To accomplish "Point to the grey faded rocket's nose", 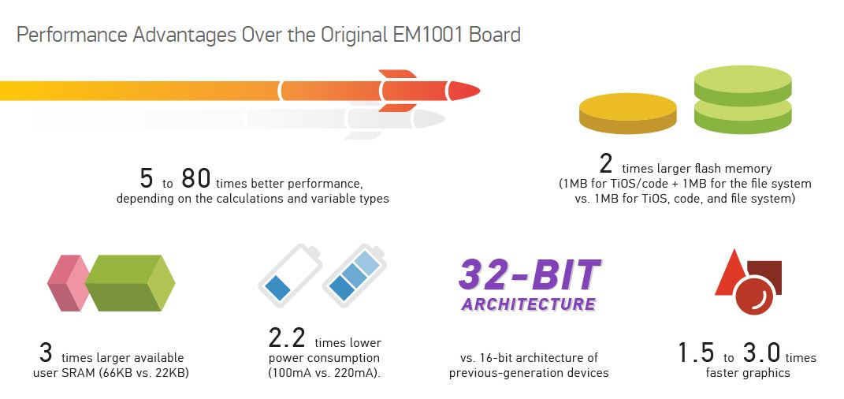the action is point(430,119).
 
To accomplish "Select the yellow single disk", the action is point(627,113).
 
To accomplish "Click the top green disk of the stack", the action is point(743,85).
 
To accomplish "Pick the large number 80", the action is point(195,179).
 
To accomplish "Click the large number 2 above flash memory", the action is point(606,164).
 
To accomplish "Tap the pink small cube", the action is point(69,283).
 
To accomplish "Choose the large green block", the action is point(130,283).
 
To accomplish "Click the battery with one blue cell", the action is point(289,276).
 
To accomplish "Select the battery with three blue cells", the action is point(354,276).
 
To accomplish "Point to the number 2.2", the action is point(287,337).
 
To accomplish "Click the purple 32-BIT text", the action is point(530,274).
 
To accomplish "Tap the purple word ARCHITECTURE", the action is point(529,304).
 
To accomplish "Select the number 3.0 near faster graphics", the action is point(761,352).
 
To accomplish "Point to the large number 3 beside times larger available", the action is point(46,352).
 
